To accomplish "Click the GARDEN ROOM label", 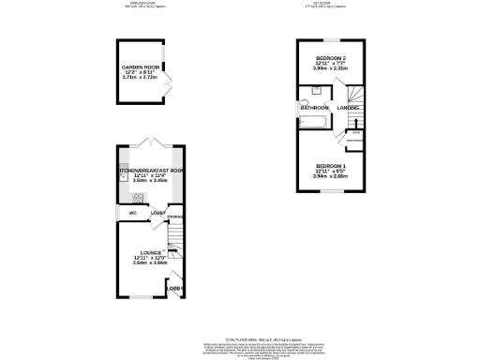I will pos(138,67).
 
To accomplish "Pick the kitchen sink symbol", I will pos(123,176).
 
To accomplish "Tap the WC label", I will pos(132,213).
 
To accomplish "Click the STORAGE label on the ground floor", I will pos(174,217).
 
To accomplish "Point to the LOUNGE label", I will pos(151,253).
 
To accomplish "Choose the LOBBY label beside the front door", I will pos(174,288).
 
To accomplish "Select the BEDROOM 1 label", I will pos(330,166).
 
